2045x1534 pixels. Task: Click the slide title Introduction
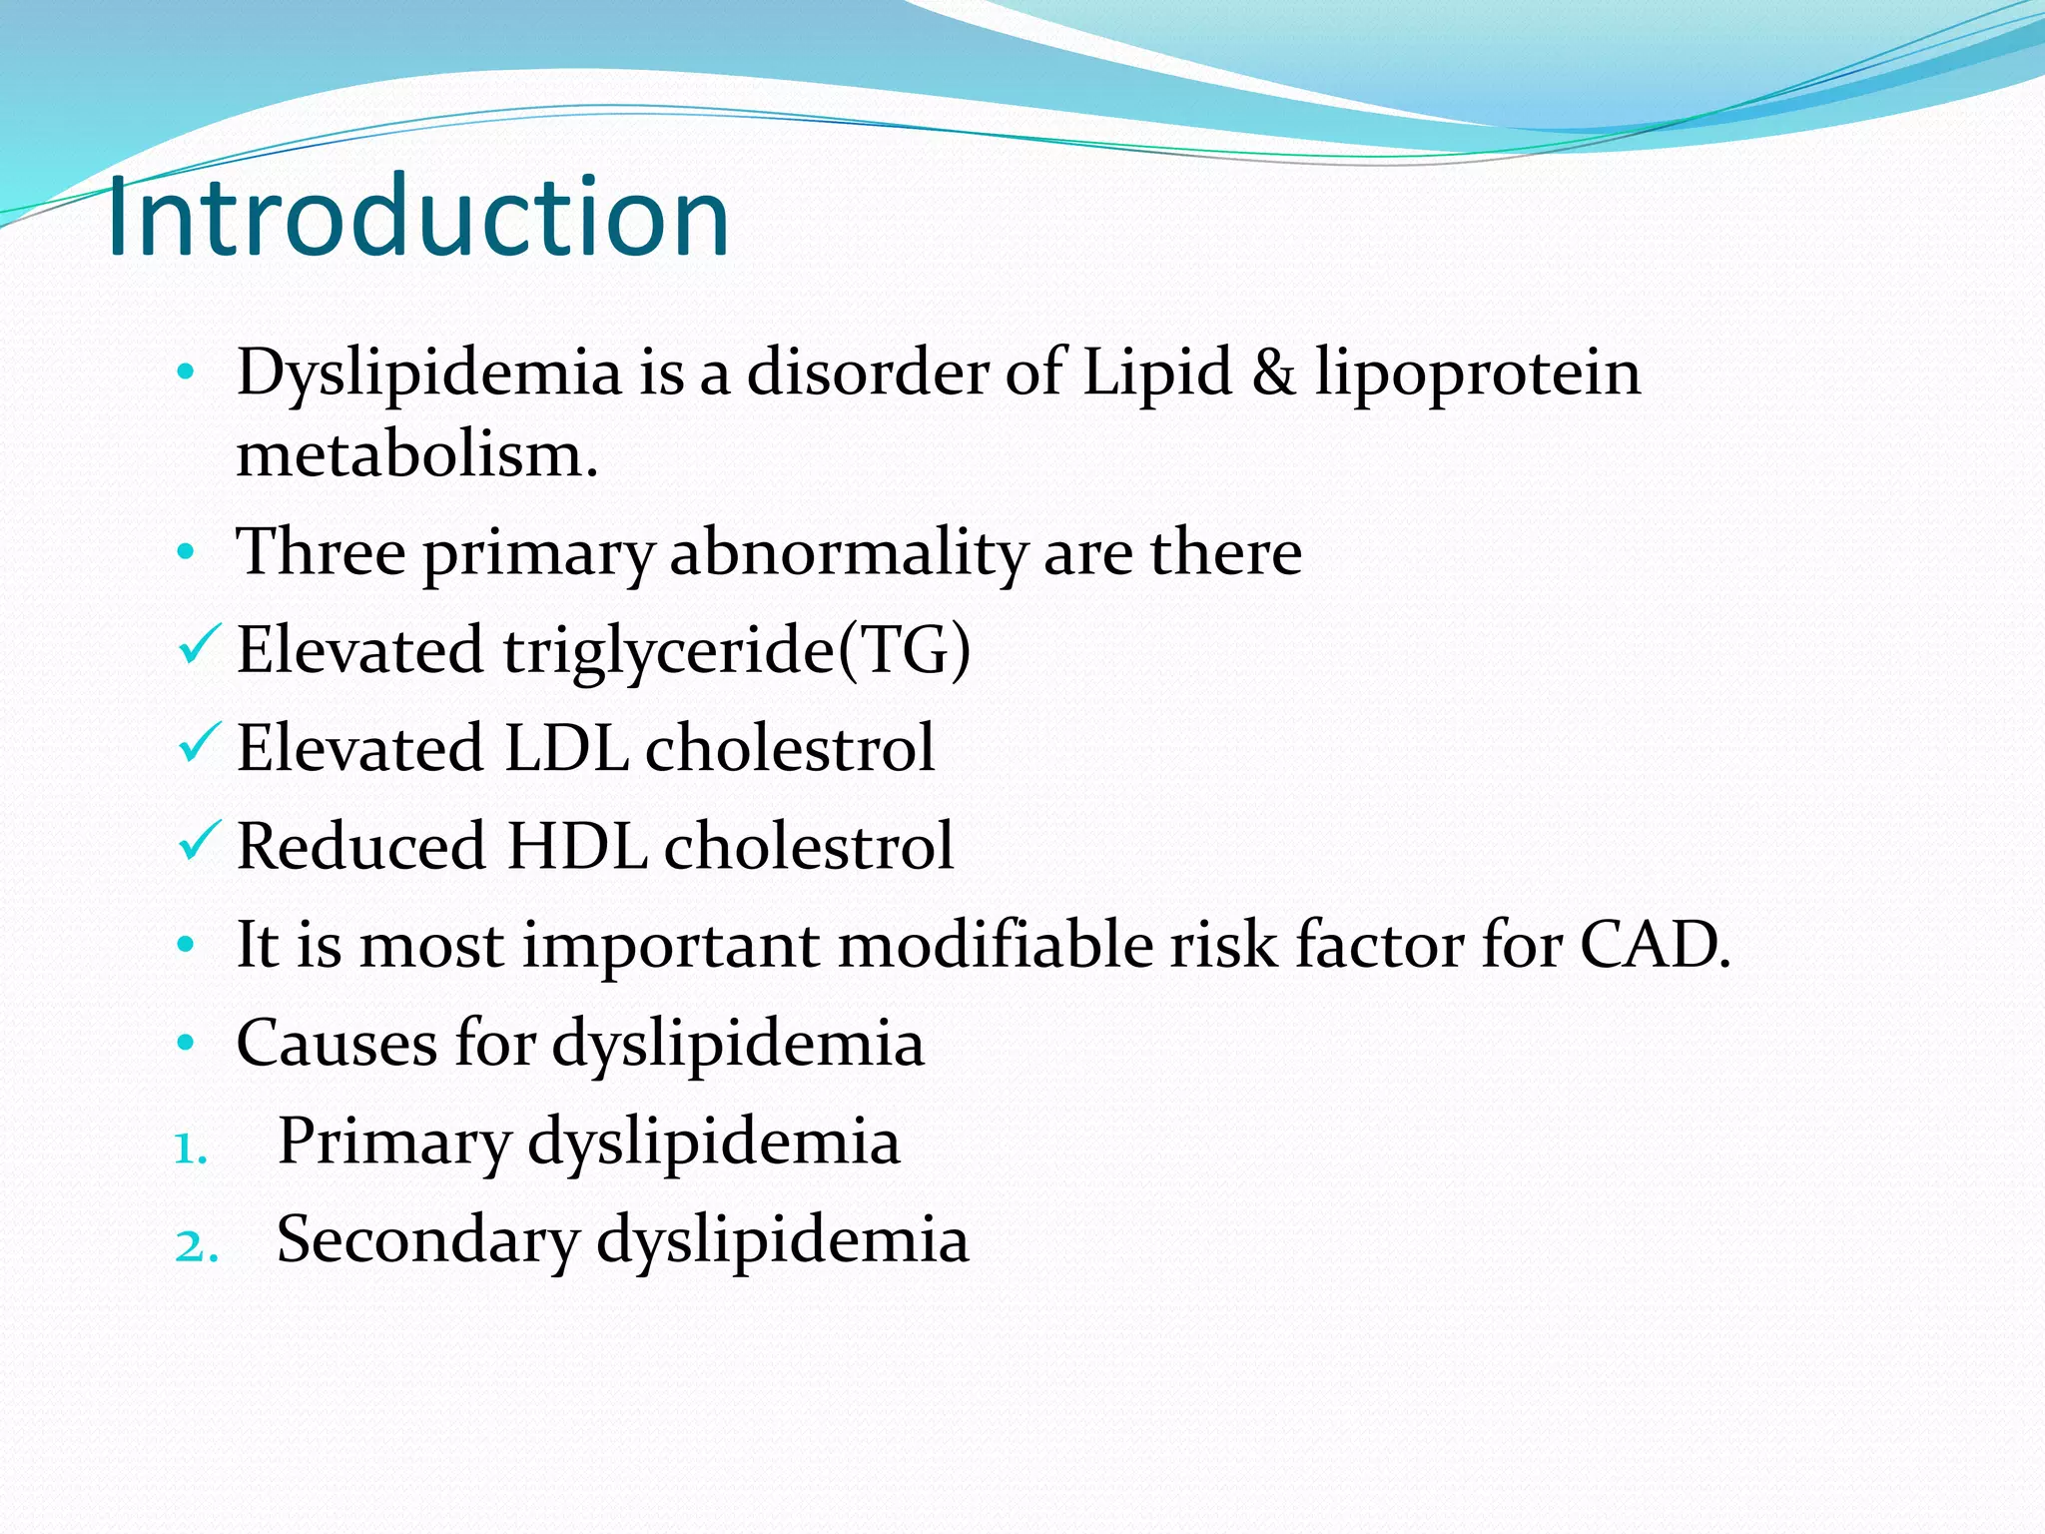point(417,217)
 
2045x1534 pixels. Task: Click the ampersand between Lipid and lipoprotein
point(1273,373)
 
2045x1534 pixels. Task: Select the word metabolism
point(416,455)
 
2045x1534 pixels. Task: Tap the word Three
point(321,552)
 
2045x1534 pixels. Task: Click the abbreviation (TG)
point(905,651)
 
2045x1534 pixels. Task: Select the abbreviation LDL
point(566,748)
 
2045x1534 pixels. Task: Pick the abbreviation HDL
point(576,846)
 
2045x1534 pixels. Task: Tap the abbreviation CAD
point(1653,944)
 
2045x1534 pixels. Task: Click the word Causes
point(338,1043)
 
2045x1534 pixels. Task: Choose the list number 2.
point(196,1246)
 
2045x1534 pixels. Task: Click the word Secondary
point(428,1239)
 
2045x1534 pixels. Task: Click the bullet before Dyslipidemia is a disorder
point(185,375)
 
